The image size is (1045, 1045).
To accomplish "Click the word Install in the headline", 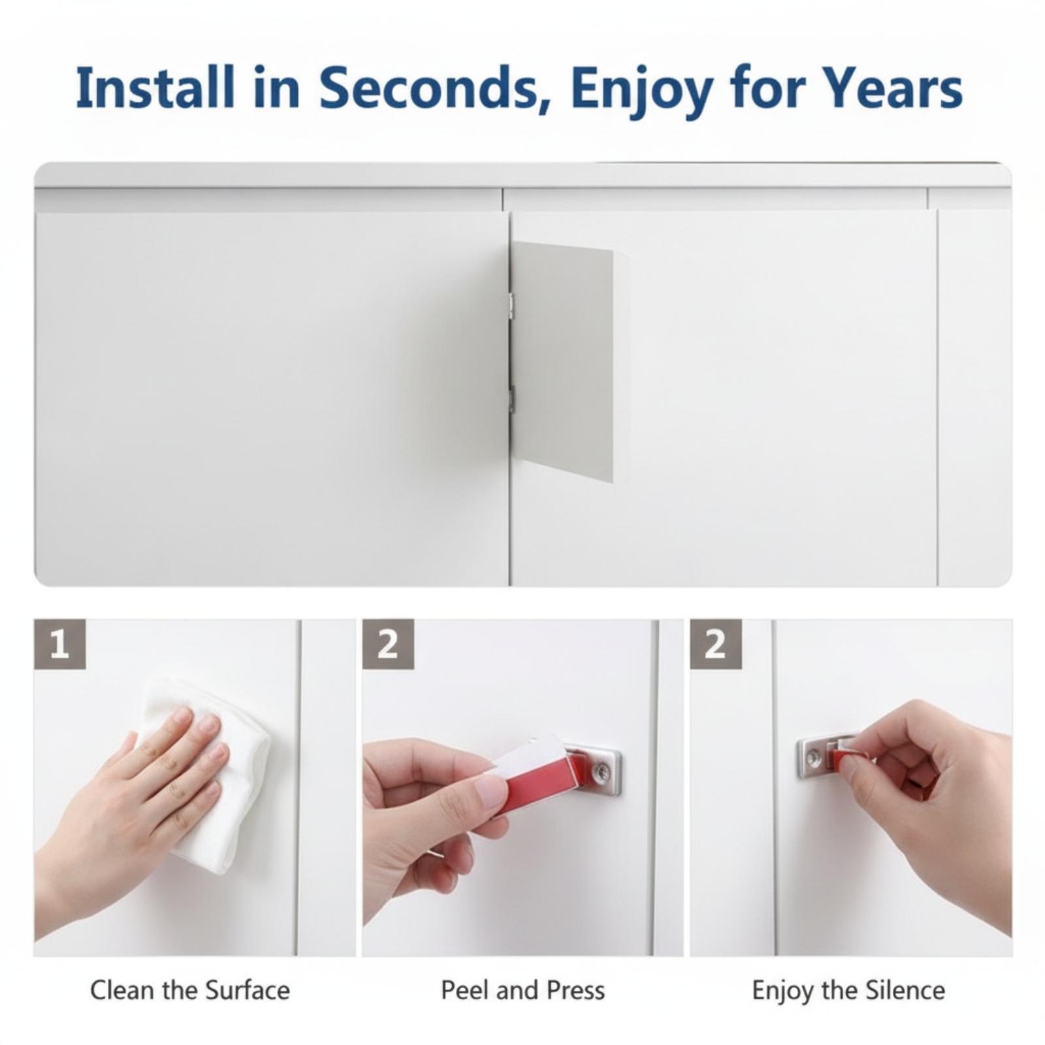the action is tap(155, 88).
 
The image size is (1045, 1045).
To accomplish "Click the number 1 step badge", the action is tap(59, 644).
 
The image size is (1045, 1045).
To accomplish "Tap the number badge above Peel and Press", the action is tap(388, 644).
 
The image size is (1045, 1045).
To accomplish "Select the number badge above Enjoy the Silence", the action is tap(716, 644).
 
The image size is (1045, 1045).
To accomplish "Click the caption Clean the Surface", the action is tap(190, 990).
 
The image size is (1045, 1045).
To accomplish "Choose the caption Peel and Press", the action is tap(522, 990).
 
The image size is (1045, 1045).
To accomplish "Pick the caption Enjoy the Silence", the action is tap(848, 991).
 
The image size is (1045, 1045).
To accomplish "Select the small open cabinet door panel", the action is tap(562, 361).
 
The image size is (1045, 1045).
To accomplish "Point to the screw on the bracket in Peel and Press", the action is tap(599, 773).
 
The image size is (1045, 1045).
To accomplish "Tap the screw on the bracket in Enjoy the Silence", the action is tap(814, 758).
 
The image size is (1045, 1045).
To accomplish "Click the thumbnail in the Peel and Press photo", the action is tap(492, 792).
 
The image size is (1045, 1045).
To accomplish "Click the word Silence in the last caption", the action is tap(905, 990).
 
